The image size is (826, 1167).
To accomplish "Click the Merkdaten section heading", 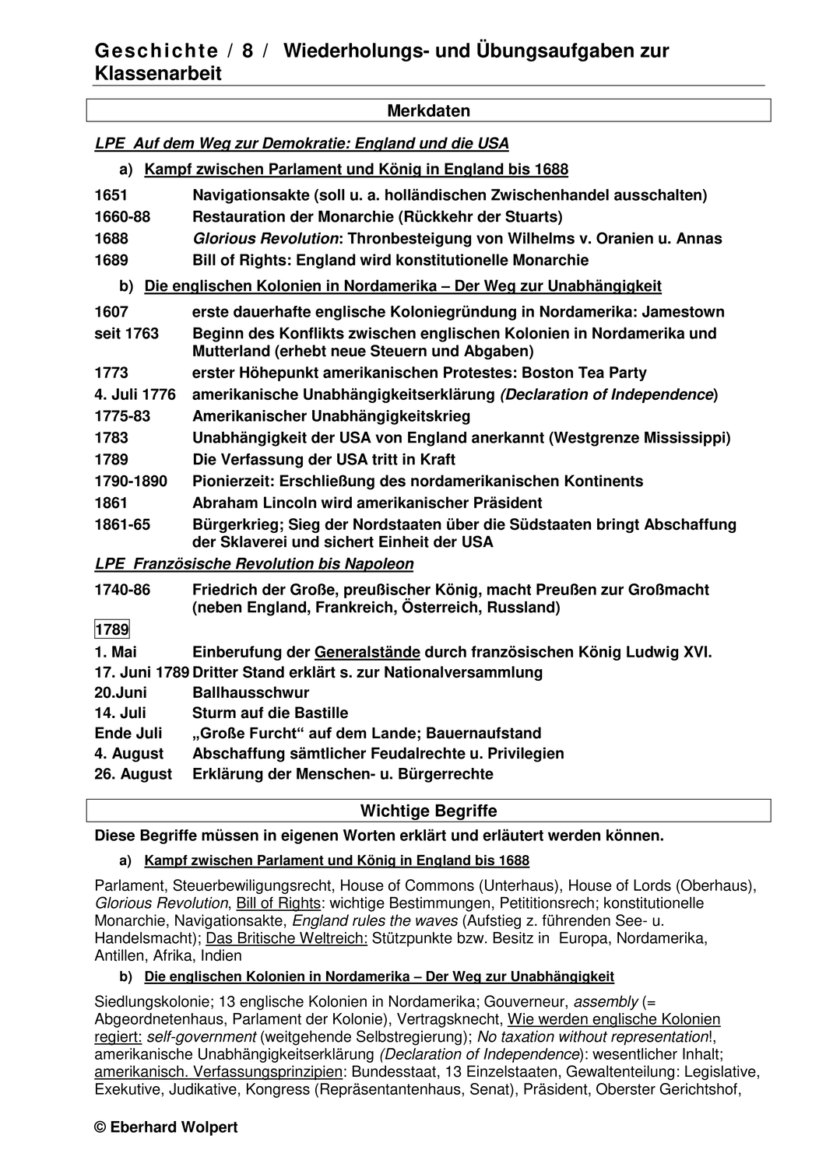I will point(428,111).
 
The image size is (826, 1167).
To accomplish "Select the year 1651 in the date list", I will point(111,194).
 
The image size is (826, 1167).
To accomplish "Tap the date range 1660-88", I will point(122,216).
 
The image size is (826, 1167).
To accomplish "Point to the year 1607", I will point(111,312).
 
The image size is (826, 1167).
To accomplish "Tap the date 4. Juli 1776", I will point(135,394).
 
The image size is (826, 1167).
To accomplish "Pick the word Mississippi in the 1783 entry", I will point(684,438).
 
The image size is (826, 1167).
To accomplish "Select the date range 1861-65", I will point(122,524).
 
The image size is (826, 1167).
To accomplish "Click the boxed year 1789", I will point(112,629).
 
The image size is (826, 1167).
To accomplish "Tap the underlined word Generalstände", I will point(367,652).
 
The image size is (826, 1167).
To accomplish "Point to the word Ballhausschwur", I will point(251,692).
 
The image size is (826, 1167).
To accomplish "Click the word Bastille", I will point(318,713).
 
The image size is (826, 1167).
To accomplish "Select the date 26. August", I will point(133,773).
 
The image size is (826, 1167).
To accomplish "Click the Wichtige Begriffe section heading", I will point(428,811).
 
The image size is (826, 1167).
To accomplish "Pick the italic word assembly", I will point(606,1002).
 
